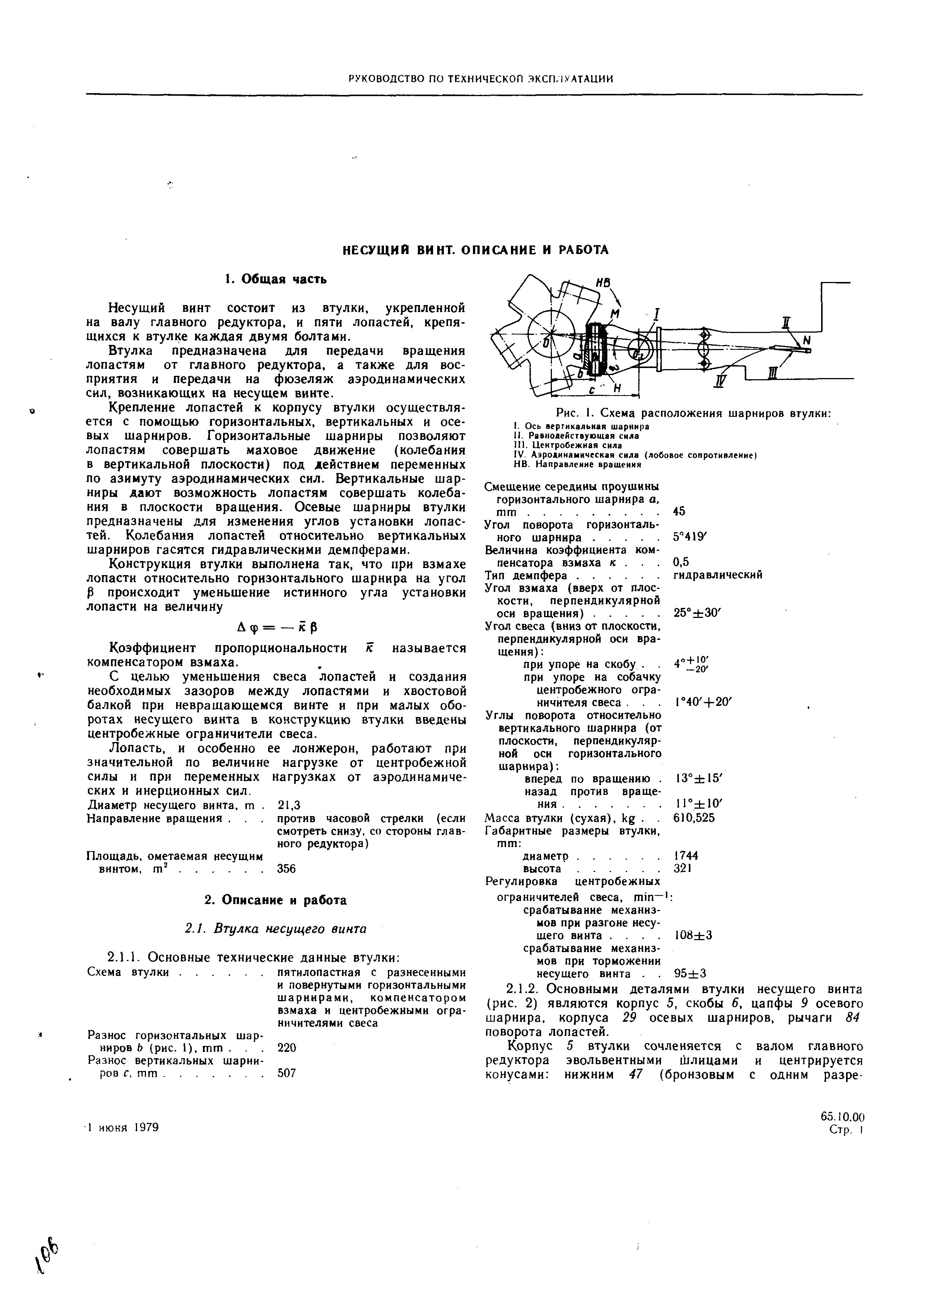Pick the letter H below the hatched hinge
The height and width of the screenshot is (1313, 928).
pos(617,388)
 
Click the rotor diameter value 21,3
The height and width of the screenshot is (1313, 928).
pos(289,805)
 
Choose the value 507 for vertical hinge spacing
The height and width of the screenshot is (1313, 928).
pos(286,1073)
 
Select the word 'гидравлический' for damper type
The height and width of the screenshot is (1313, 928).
pos(718,575)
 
